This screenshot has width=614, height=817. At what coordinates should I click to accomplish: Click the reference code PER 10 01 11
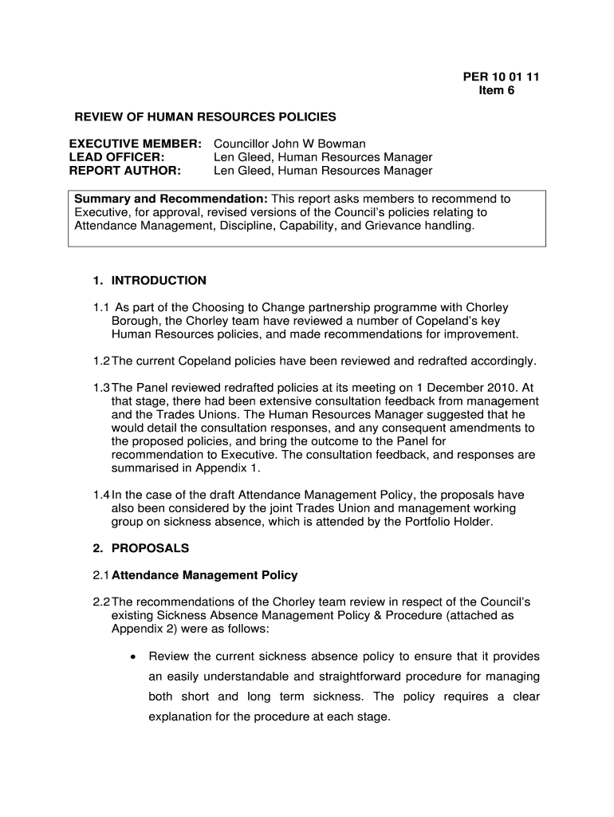pos(502,77)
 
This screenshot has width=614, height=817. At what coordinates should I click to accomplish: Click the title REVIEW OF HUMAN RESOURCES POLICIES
pos(206,117)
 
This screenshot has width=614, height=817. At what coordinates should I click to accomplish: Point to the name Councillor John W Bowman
pos(289,144)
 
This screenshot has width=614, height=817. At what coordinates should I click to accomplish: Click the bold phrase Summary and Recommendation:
pos(171,199)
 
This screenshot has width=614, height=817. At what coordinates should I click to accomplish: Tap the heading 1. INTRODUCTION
pos(149,280)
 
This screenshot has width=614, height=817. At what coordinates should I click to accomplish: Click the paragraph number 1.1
pos(100,307)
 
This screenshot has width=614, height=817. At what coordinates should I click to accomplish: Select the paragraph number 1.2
pos(100,361)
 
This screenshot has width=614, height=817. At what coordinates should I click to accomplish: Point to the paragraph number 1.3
pos(100,388)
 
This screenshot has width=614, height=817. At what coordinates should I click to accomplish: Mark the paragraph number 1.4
pos(100,495)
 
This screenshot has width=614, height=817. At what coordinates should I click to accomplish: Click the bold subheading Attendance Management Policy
pos(205,575)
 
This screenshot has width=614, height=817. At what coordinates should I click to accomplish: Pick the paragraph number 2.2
pos(100,602)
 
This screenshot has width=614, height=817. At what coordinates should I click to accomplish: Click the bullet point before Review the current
pos(132,657)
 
